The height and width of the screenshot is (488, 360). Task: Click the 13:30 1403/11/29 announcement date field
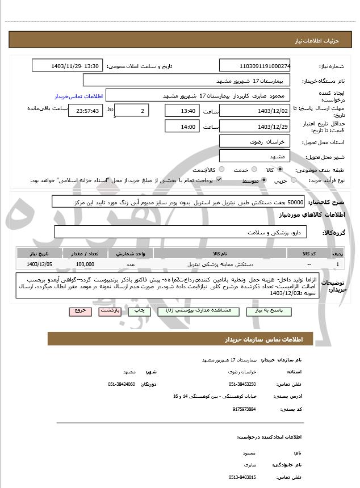(x=68, y=66)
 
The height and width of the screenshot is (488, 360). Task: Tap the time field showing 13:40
(x=182, y=111)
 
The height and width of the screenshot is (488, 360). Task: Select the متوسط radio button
(x=264, y=180)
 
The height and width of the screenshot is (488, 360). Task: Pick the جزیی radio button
(x=294, y=180)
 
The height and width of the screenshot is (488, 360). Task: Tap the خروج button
(x=79, y=311)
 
